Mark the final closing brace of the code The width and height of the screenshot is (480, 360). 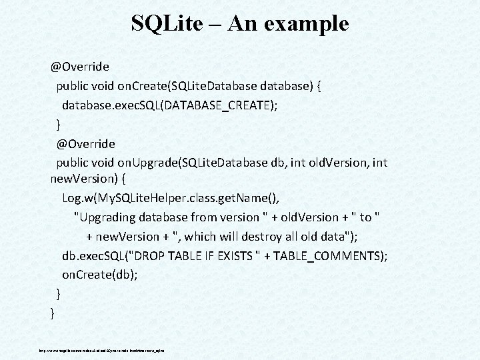point(53,311)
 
